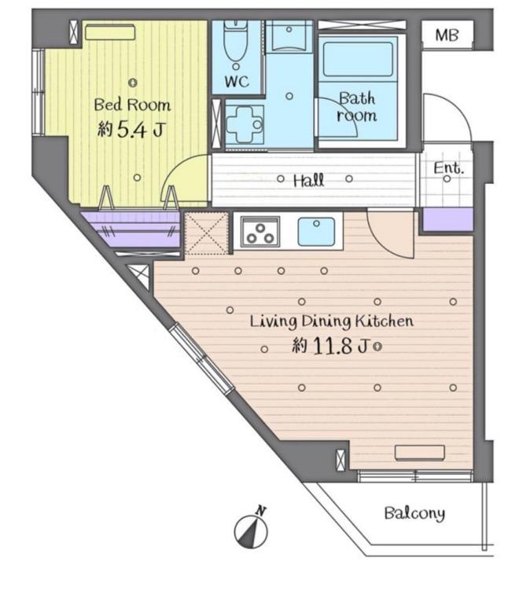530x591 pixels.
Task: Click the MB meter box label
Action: (x=447, y=35)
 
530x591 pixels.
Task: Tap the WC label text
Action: (x=237, y=82)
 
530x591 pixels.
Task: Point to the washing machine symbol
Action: (x=245, y=124)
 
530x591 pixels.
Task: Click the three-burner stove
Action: (x=259, y=232)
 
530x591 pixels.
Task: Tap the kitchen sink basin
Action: (x=316, y=231)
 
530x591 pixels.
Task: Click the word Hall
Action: (x=308, y=180)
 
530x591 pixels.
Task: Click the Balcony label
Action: (x=414, y=513)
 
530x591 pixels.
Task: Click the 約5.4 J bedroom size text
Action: (x=131, y=129)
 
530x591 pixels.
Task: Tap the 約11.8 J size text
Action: (x=329, y=346)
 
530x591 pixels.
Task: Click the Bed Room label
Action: (x=132, y=105)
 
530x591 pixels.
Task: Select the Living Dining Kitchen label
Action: (x=332, y=321)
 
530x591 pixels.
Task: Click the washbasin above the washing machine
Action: (x=289, y=36)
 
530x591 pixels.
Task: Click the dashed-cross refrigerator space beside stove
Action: (x=207, y=233)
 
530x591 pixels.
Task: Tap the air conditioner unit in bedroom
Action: (x=110, y=32)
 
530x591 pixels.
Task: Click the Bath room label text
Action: (x=356, y=107)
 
